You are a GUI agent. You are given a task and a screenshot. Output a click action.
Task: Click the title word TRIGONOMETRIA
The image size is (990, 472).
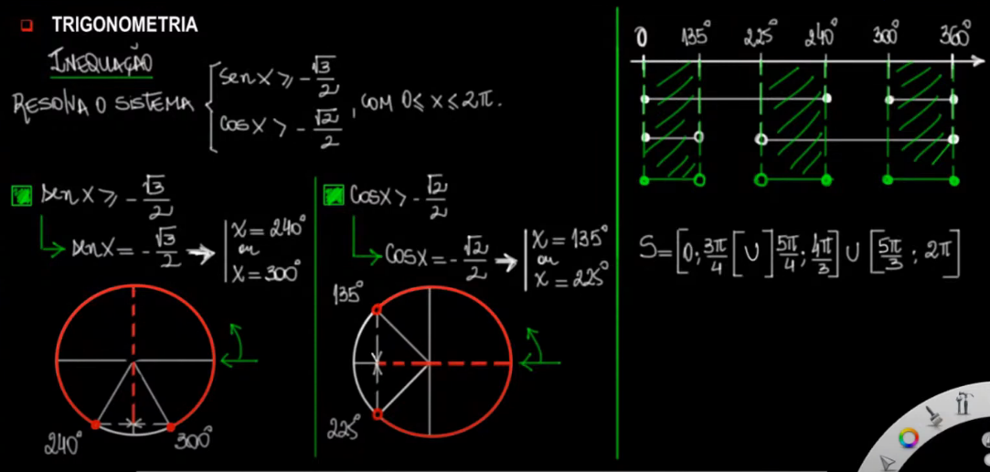pyautogui.click(x=124, y=25)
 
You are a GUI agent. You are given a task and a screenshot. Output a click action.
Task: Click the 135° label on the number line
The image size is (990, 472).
pyautogui.click(x=696, y=37)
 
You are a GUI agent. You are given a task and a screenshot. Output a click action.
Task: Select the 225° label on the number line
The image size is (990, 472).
pyautogui.click(x=759, y=37)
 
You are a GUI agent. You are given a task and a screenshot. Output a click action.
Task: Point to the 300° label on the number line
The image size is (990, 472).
pyautogui.click(x=886, y=37)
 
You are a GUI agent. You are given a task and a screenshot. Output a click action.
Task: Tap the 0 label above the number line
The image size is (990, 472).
pyautogui.click(x=642, y=38)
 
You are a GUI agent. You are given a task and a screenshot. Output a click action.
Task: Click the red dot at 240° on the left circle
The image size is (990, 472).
pyautogui.click(x=96, y=424)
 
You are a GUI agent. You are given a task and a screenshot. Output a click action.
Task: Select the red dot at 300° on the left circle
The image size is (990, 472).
pyautogui.click(x=172, y=425)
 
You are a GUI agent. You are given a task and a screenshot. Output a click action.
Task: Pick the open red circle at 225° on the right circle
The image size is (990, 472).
pyautogui.click(x=378, y=414)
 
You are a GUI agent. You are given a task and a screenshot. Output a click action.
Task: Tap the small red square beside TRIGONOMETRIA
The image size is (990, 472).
pyautogui.click(x=27, y=25)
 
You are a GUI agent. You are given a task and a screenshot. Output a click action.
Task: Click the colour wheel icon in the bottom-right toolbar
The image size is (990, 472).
pyautogui.click(x=908, y=438)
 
